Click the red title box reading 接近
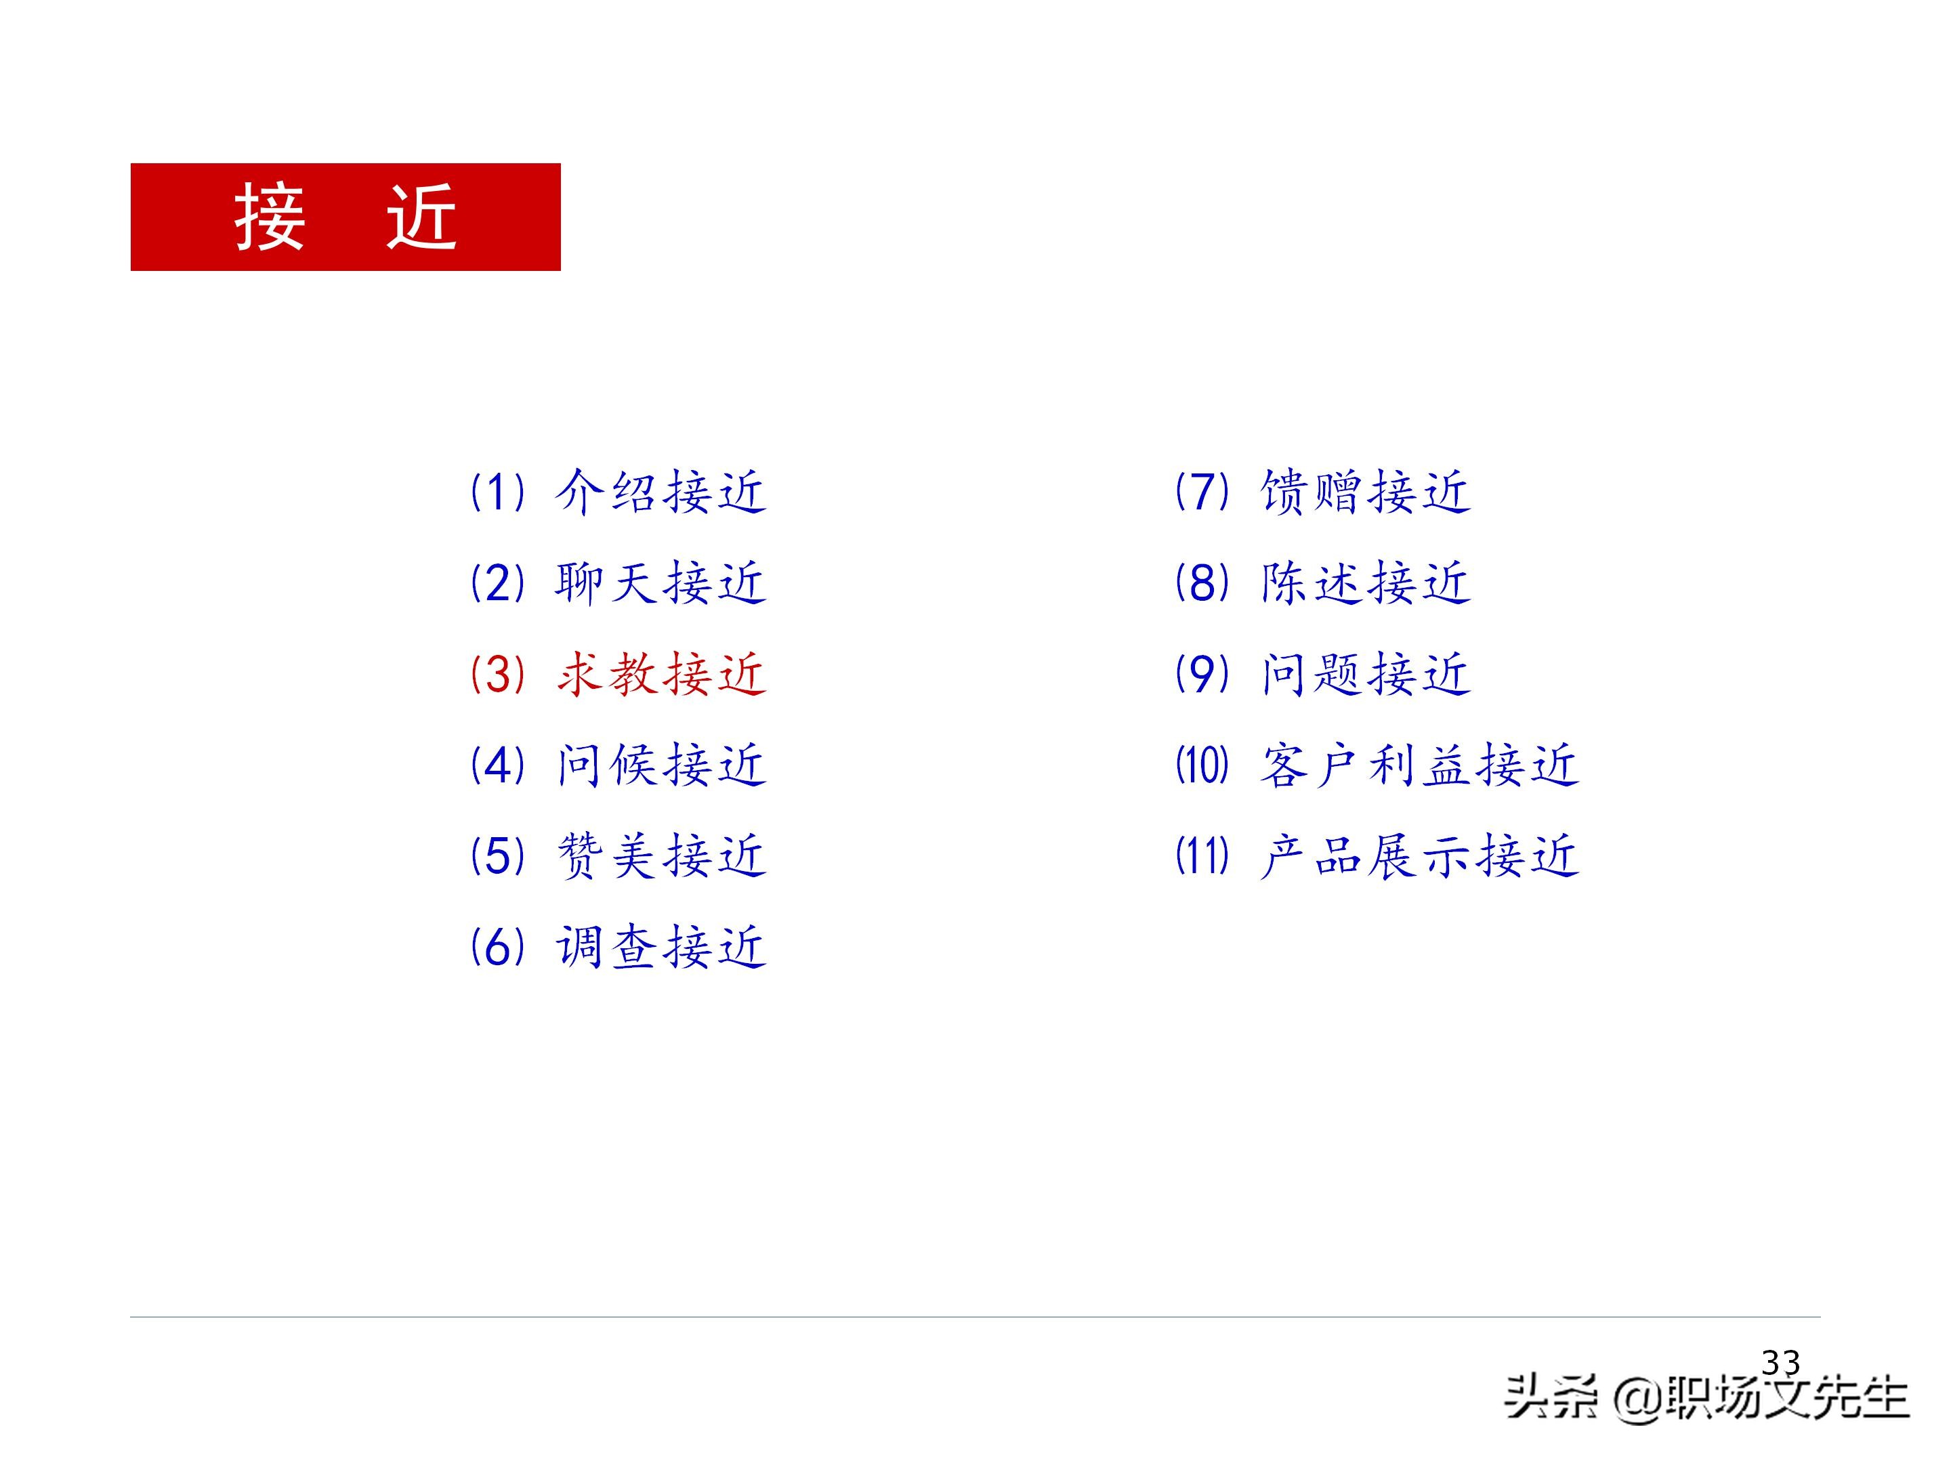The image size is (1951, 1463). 345,217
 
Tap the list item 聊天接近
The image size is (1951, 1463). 660,583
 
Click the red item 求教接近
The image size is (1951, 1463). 660,675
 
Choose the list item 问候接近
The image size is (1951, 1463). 660,765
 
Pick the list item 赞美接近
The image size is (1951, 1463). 660,856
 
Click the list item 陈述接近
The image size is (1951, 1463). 1365,583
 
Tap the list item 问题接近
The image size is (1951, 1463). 1365,675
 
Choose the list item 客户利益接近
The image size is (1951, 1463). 1419,765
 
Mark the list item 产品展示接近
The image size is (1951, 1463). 1419,856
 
